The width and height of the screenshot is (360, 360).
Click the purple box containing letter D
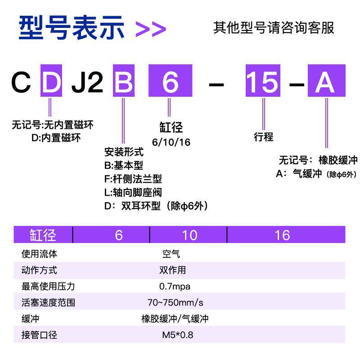(x=51, y=81)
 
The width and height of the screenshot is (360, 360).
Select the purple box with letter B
(x=123, y=81)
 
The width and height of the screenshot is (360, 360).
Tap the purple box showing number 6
(x=170, y=81)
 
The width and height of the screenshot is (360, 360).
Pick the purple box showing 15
(x=263, y=81)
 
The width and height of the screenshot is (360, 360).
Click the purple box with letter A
(x=326, y=81)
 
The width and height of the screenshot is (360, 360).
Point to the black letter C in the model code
(x=22, y=82)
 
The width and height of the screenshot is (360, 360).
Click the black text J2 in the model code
(x=87, y=82)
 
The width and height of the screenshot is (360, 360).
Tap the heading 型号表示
(x=72, y=28)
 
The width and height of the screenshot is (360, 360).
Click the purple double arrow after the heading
(x=151, y=29)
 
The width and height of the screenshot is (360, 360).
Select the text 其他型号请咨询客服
(x=274, y=27)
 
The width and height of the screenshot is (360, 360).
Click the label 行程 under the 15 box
(x=263, y=137)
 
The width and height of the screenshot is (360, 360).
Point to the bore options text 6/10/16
(x=171, y=142)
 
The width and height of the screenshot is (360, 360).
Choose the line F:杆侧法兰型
(x=133, y=179)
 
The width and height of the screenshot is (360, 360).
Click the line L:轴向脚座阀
(x=133, y=192)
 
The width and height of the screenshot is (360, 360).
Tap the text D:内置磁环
(x=56, y=138)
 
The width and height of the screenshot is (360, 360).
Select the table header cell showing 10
(x=189, y=235)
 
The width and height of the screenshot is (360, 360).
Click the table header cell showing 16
(x=282, y=235)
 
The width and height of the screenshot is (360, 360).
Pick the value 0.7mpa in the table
(x=175, y=286)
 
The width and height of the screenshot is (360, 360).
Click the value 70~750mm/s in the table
(x=175, y=302)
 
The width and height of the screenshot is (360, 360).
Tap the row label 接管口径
(x=39, y=335)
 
